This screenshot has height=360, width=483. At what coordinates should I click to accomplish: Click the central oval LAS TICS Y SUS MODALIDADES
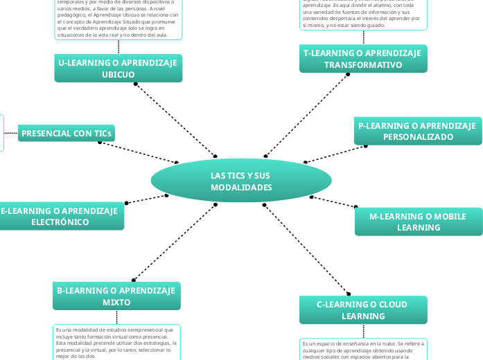point(241,182)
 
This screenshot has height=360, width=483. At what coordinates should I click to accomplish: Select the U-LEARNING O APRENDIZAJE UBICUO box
point(118,69)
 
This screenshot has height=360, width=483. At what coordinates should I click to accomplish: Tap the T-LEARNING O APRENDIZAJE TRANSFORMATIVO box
point(362,59)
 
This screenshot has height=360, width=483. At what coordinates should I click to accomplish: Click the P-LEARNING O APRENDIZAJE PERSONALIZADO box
point(417,131)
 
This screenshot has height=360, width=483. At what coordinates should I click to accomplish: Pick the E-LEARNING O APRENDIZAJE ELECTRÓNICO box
point(60,217)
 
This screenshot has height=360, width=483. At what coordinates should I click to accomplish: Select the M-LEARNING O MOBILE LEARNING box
point(418,222)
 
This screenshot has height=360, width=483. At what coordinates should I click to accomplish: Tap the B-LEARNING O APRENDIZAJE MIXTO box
point(116,296)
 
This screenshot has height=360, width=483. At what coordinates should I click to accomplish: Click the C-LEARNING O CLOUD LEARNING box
point(362,309)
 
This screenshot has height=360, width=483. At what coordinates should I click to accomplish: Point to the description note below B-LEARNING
point(116,342)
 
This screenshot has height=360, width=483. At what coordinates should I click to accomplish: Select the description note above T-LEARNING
point(363,14)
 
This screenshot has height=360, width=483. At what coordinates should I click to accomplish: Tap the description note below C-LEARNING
point(363,350)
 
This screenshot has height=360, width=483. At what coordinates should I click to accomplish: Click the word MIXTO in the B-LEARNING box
point(116,303)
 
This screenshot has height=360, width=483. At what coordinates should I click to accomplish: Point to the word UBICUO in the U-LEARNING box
point(118,75)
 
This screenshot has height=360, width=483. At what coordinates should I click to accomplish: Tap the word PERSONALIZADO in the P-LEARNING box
point(418,137)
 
